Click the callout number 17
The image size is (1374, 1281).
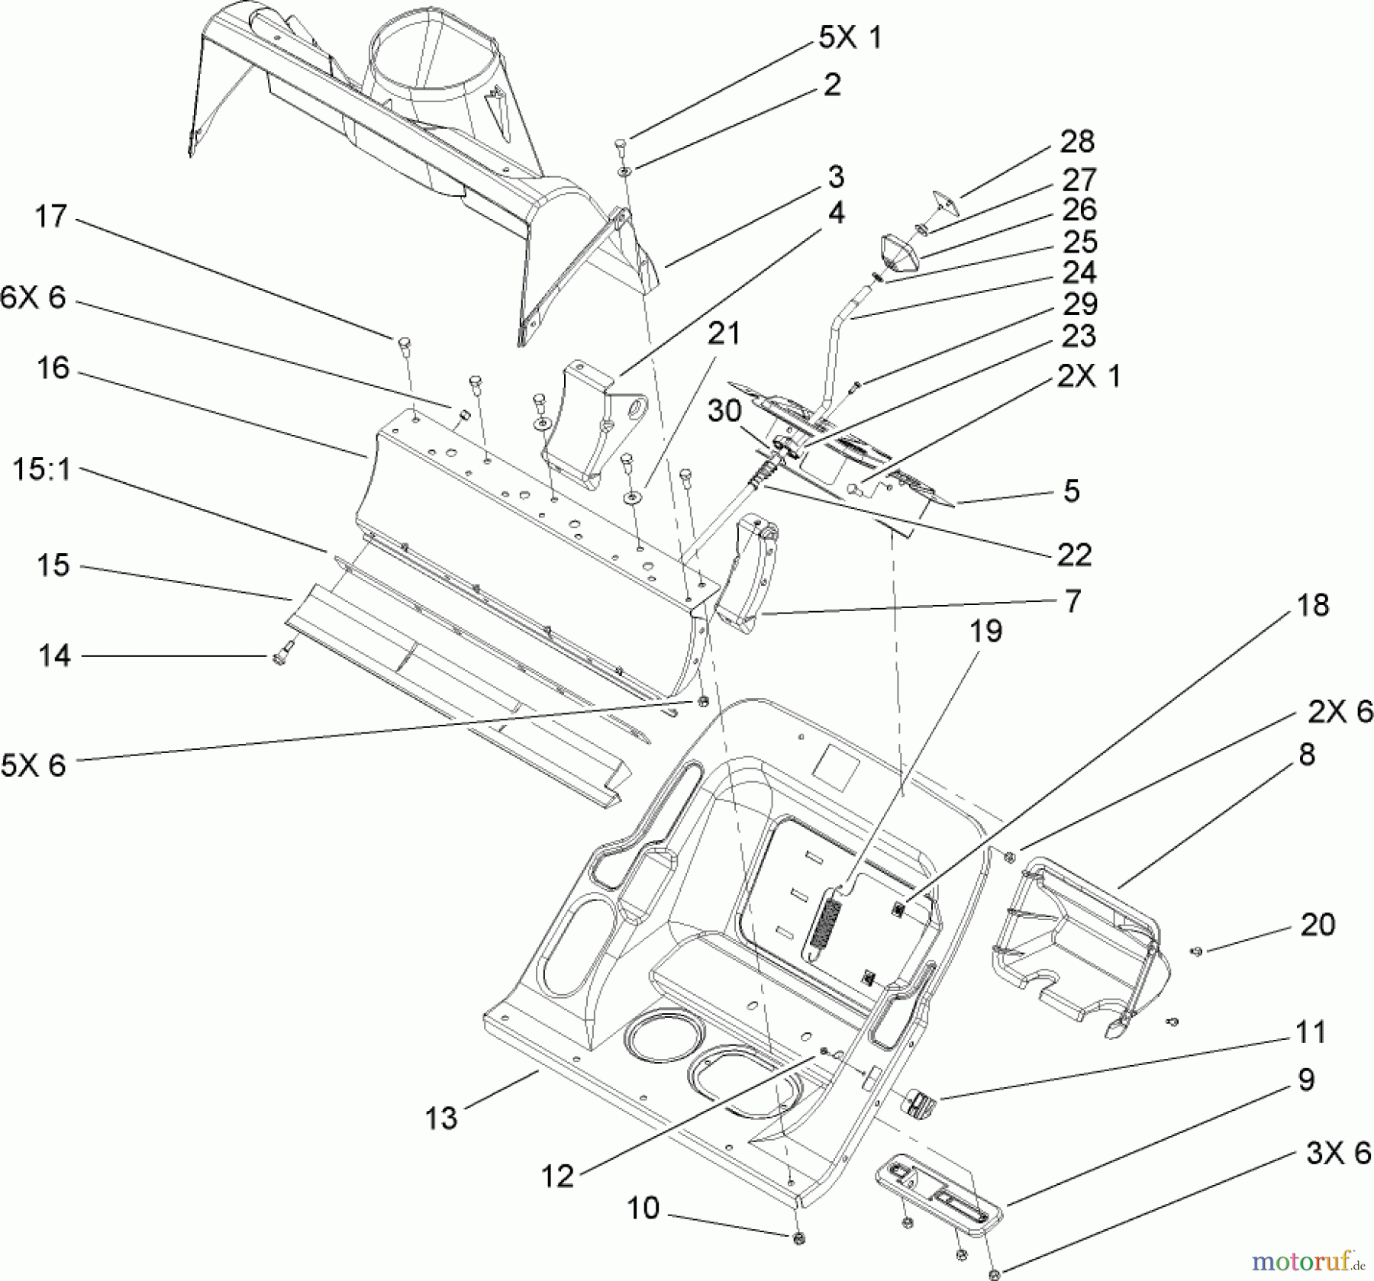point(52,217)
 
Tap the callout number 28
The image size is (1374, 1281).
point(1077,142)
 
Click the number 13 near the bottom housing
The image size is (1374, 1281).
point(441,1118)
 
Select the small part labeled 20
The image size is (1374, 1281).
point(1196,951)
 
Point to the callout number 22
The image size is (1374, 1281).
point(1074,555)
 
